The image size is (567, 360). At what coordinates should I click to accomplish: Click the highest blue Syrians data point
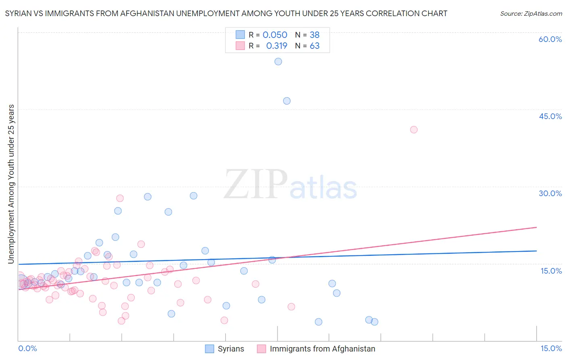point(278,62)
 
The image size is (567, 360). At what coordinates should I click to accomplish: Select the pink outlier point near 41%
point(413,130)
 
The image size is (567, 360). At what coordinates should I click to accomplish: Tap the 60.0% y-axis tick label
point(550,39)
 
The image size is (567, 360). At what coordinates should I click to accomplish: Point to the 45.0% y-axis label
point(550,116)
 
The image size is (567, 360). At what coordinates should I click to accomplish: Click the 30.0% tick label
point(550,193)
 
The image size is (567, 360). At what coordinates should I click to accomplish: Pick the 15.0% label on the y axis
point(551,271)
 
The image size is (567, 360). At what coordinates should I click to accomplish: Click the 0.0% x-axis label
point(27,348)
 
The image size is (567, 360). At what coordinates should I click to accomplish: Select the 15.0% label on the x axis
point(551,348)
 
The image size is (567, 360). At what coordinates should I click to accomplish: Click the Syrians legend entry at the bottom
point(231,349)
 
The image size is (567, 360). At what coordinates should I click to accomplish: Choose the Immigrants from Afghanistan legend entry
point(322,349)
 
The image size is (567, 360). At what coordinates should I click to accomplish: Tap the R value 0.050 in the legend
point(275,35)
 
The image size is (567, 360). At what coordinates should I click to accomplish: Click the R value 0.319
point(277,46)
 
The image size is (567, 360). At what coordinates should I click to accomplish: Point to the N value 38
point(315,35)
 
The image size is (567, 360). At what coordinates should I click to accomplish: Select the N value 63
point(315,46)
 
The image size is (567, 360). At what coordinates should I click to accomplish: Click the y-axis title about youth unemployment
point(11,184)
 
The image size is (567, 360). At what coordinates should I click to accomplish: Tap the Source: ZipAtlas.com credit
point(531,14)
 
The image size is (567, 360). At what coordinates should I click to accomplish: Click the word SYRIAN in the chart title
point(18,14)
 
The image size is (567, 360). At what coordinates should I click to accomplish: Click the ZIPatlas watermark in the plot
point(290,185)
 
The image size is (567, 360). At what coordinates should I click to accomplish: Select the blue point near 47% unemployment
point(287,101)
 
